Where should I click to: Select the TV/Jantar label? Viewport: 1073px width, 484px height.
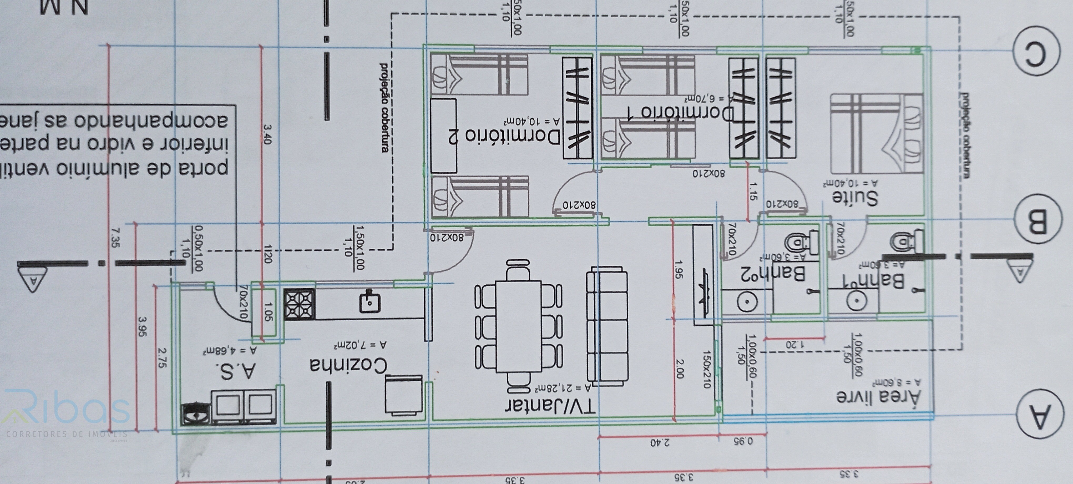(x=550, y=406)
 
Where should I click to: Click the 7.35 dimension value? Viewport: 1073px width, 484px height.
(x=115, y=238)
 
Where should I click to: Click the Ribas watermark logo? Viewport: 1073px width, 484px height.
(x=67, y=412)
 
